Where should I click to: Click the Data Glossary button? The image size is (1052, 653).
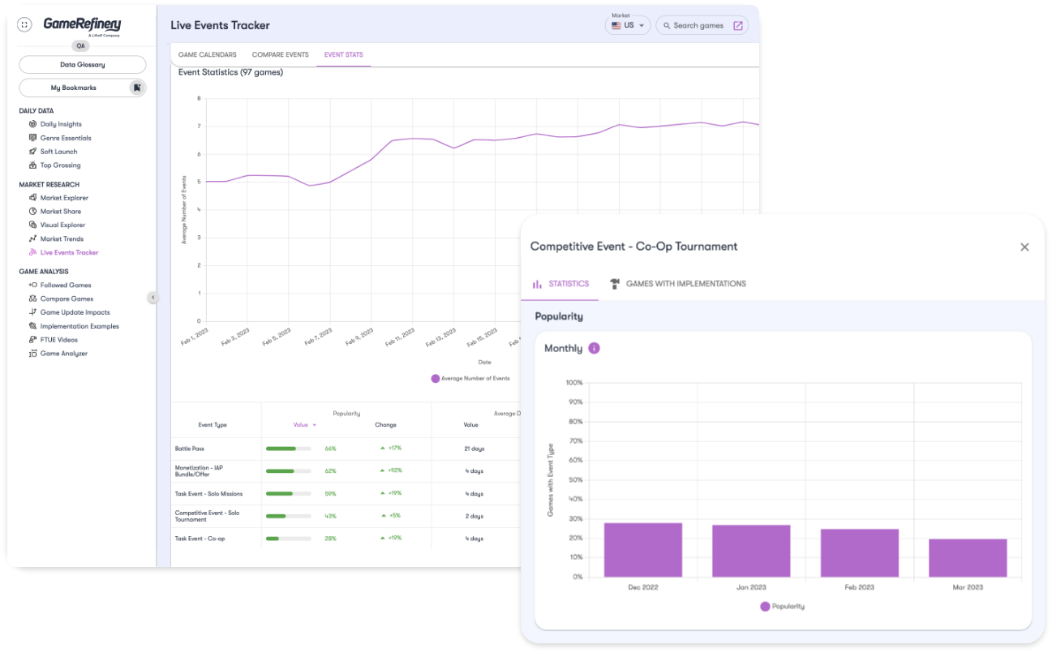82,65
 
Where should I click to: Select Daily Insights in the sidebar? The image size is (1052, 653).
61,124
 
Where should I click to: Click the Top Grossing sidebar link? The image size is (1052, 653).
60,165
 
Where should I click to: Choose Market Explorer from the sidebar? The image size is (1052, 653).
64,198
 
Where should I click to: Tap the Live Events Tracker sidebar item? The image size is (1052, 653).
69,252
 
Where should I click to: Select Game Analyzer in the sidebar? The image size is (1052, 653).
63,354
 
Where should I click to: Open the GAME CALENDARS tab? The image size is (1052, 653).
208,55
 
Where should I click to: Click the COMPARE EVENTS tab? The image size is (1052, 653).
280,55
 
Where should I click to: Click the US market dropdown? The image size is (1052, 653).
629,25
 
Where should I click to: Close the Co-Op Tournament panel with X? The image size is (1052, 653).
1024,247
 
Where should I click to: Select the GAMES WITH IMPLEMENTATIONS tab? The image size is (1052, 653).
685,284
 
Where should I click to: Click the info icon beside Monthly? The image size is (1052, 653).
594,348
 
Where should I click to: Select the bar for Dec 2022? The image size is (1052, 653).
643,550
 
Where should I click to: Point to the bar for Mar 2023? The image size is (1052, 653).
968,558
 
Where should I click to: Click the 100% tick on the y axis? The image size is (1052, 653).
573,383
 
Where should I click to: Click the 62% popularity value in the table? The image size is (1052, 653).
330,471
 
